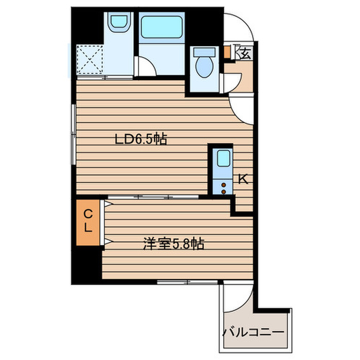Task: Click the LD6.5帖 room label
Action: [x=140, y=139]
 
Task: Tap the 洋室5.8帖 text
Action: [x=173, y=244]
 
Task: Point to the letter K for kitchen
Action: [x=243, y=179]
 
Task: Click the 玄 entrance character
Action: [x=244, y=52]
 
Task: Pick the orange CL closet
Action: [x=88, y=221]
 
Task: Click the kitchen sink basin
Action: [x=222, y=158]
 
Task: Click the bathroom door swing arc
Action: [x=145, y=67]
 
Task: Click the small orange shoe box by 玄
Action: [x=227, y=51]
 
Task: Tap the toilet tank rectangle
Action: [x=205, y=52]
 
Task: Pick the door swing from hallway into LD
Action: [x=241, y=109]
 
